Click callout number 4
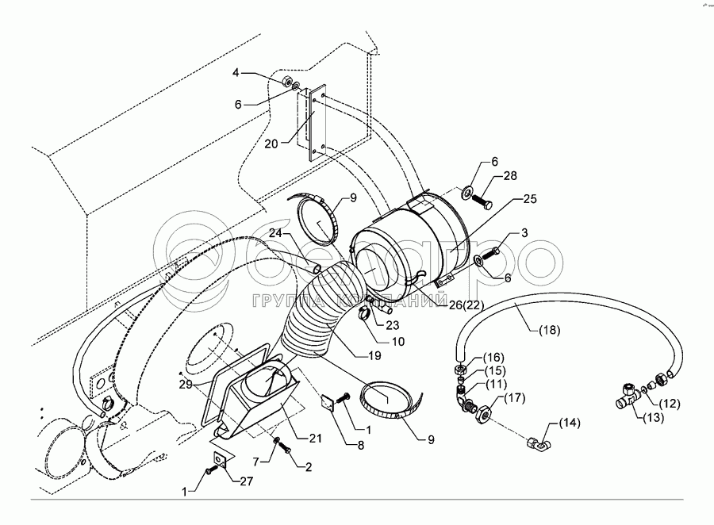pyautogui.click(x=236, y=73)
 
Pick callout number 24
pyautogui.click(x=275, y=233)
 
